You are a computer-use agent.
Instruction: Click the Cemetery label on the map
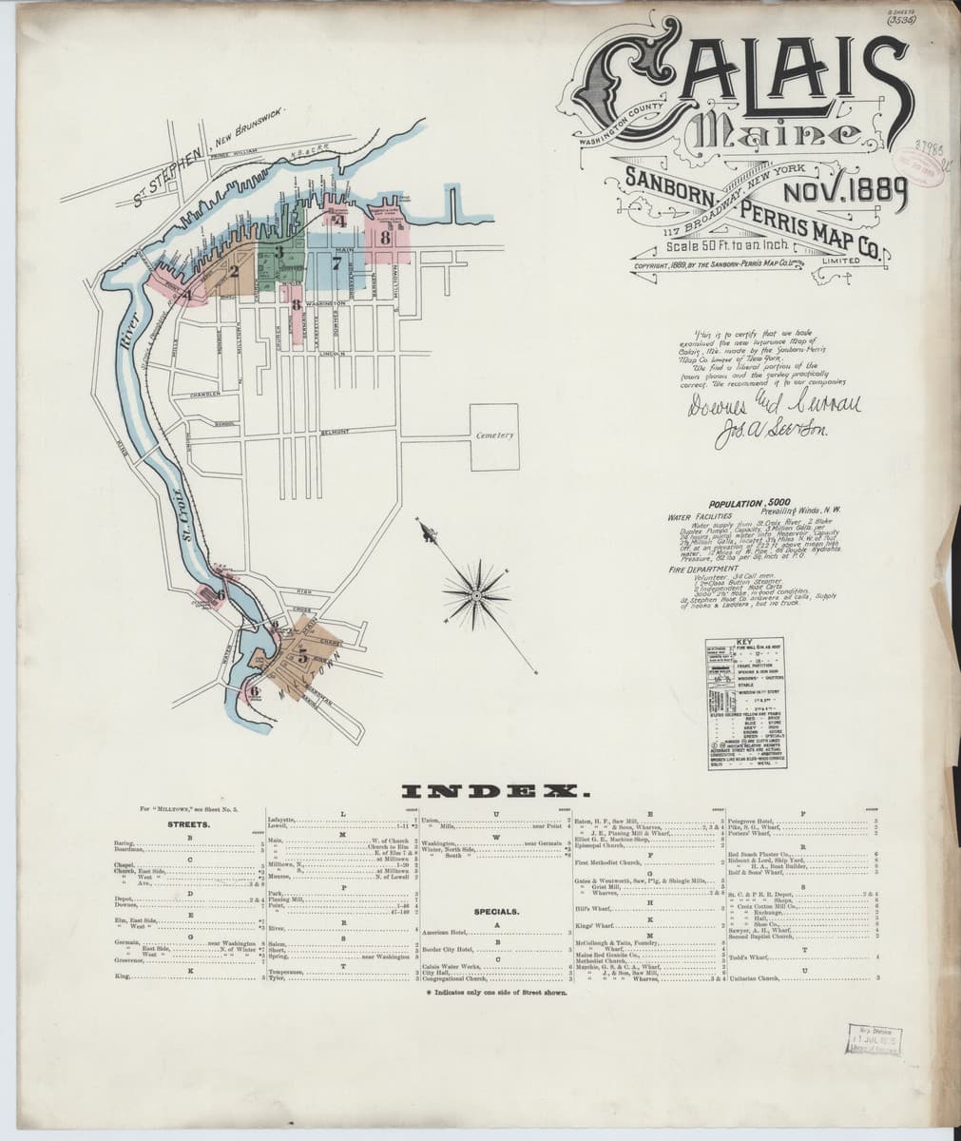[495, 435]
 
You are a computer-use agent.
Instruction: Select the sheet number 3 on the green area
[279, 251]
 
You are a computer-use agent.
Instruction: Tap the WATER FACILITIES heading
[704, 516]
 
